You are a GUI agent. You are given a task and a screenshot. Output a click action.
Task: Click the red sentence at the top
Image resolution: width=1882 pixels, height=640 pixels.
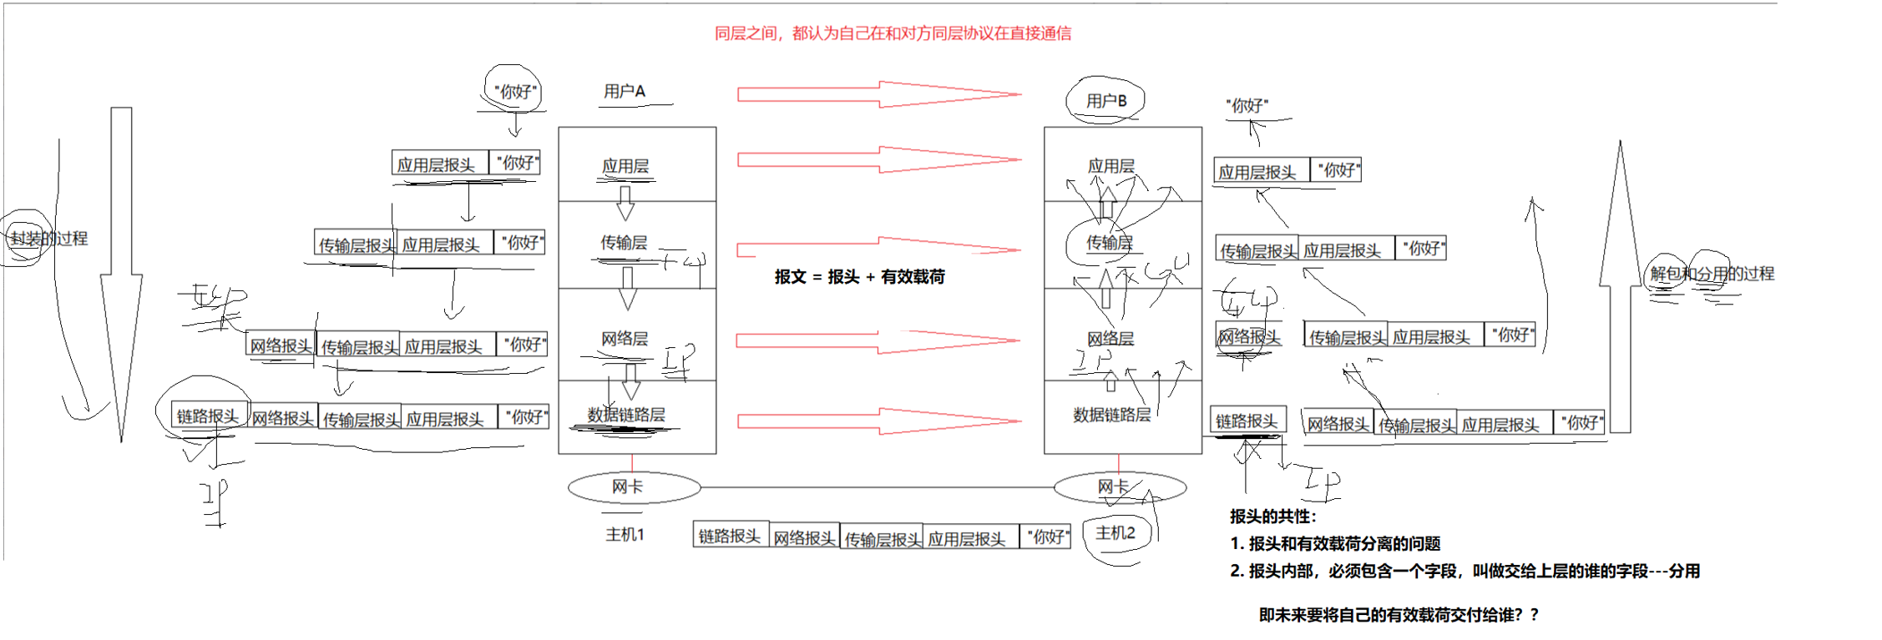click(893, 33)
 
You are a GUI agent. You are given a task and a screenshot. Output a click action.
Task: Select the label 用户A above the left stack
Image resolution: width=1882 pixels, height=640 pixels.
click(625, 91)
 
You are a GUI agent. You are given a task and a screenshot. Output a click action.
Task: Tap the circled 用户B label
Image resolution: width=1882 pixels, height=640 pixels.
click(1105, 101)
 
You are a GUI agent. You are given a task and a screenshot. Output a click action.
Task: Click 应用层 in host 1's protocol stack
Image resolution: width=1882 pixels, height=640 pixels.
click(625, 166)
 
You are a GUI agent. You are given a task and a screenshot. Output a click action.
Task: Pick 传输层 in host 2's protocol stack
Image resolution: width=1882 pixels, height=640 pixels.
click(1109, 243)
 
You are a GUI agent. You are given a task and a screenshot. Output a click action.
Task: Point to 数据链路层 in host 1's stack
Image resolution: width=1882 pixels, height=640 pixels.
click(626, 415)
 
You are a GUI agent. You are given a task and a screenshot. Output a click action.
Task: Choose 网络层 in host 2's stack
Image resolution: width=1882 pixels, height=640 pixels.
click(1110, 339)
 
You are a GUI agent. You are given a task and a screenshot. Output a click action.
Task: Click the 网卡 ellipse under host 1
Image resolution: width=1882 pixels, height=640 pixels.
click(634, 486)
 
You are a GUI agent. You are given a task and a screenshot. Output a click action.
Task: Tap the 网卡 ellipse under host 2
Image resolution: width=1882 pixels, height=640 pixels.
click(1119, 486)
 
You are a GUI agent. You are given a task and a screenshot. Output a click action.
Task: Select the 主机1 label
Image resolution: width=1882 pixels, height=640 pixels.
click(625, 535)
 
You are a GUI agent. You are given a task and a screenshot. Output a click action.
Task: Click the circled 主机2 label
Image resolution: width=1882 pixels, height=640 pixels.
click(1116, 533)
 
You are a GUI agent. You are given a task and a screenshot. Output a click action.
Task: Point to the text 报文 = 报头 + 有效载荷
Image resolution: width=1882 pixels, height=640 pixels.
click(859, 277)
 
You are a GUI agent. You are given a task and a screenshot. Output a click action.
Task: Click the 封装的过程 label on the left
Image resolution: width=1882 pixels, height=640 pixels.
click(48, 239)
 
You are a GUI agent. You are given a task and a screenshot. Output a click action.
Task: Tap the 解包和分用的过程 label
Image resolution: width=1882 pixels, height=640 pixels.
click(1712, 274)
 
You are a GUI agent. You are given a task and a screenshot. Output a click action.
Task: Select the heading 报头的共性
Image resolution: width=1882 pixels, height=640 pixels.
click(1272, 517)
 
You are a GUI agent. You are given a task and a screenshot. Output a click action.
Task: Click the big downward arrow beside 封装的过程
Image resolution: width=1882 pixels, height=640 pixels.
click(121, 275)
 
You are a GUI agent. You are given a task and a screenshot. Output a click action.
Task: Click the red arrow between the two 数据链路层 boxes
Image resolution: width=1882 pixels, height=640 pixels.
click(878, 421)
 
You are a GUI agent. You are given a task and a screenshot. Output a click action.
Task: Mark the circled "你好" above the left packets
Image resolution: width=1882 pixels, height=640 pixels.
click(515, 91)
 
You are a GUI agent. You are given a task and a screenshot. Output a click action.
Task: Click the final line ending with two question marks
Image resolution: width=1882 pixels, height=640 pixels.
click(1399, 615)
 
